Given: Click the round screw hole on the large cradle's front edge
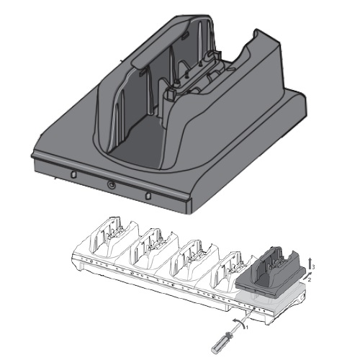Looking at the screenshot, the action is pos(111,184).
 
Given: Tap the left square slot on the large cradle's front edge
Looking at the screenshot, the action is pos(73,174).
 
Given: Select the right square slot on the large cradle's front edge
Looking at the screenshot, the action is pos(148,196).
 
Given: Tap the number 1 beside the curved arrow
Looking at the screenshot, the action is pos(248,327).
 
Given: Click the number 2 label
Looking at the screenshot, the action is pos(310,280).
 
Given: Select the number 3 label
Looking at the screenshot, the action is pos(313,267).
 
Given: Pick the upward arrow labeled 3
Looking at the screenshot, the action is pos(310,264).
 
